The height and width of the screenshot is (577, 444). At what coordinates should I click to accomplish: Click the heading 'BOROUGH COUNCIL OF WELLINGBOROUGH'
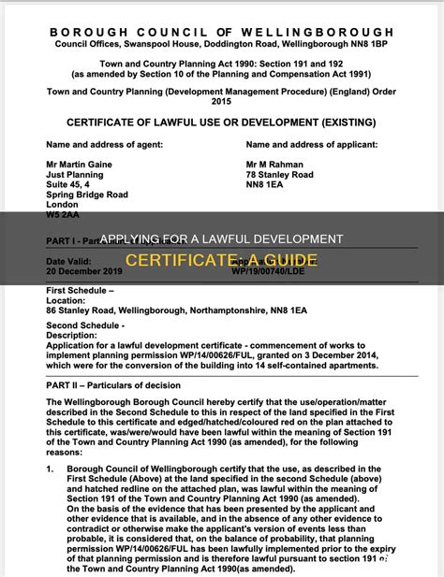tap(221, 32)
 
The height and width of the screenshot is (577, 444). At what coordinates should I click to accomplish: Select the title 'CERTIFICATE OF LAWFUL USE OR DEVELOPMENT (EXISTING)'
tap(221, 123)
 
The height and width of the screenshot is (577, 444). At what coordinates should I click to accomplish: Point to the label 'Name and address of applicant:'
tap(309, 145)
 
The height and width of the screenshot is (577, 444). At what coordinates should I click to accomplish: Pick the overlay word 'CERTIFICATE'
tap(175, 259)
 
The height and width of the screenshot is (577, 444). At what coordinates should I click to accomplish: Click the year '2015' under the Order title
tap(221, 100)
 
